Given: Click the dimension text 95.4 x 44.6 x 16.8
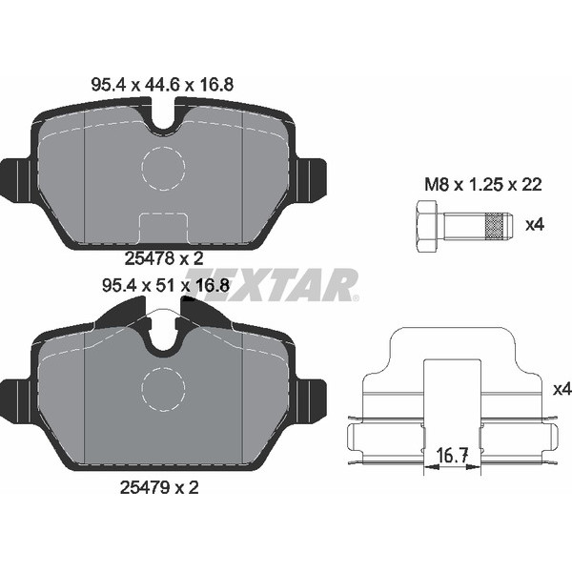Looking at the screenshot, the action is coord(162,85).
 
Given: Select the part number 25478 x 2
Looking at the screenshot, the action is coord(164,259).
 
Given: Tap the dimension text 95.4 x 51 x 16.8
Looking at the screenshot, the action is coord(166,285).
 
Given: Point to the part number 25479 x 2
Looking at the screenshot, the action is coord(159,487).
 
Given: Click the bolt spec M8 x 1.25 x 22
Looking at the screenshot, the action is coord(483,185).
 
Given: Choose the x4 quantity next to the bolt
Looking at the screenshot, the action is coord(535,225).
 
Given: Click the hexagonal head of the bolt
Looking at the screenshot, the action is coord(426,225).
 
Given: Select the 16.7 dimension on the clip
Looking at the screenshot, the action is coord(452,455).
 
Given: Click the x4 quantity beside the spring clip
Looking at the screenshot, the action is coord(562,390).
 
